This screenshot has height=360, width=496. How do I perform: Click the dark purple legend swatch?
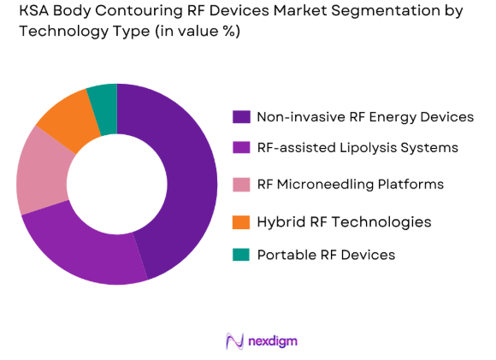point(241,116)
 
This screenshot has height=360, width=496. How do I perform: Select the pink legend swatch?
point(241,184)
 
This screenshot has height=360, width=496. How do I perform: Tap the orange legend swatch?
point(241,221)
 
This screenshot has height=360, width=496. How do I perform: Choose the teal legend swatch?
point(241,255)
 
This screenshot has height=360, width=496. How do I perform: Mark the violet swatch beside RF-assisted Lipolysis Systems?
point(241,147)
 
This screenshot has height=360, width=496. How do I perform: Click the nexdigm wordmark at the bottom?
point(273,341)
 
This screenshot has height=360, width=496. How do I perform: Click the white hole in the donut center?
point(117,184)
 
